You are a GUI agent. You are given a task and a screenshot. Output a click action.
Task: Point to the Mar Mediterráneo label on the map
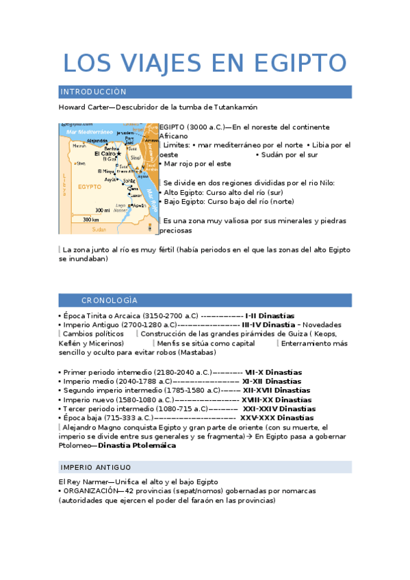coord(90,131)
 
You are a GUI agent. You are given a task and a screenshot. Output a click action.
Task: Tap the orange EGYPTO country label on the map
coord(90,186)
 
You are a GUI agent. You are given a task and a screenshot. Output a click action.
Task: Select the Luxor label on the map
coord(136,195)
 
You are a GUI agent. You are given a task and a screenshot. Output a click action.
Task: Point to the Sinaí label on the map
coord(134,157)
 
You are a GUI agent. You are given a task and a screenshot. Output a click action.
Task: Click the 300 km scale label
coord(91,220)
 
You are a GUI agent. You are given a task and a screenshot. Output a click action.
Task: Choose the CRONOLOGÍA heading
coord(110,300)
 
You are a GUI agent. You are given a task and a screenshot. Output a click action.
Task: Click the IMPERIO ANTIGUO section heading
coord(96,467)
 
